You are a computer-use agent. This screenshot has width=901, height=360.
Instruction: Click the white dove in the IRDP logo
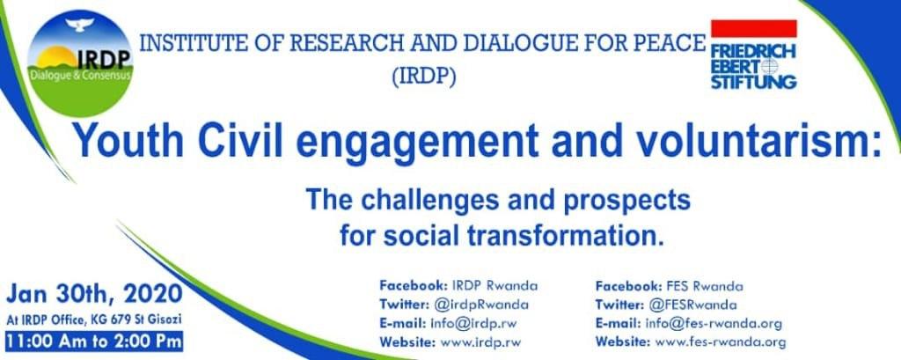(80, 24)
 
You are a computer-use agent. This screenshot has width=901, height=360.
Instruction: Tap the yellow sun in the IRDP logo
(56, 57)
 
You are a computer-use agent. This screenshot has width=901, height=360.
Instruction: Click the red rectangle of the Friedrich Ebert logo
(754, 28)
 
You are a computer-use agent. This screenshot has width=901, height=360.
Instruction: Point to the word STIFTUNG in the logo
(754, 82)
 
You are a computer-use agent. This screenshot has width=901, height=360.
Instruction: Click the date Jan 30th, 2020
(95, 294)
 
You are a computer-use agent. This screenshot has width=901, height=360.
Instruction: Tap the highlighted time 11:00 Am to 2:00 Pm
(94, 341)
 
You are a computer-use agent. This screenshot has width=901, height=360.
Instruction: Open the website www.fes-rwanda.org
(721, 342)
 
